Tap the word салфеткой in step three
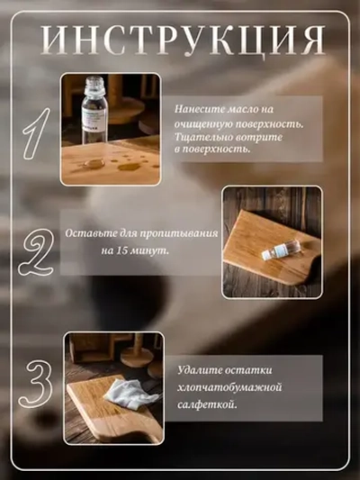(208, 404)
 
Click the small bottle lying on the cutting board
(276, 251)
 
